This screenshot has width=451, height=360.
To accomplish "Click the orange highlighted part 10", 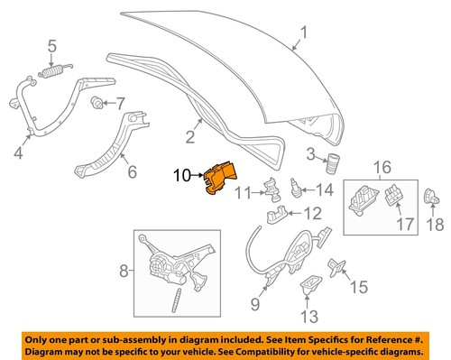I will [x=218, y=180].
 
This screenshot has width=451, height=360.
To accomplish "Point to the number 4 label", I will [x=18, y=152].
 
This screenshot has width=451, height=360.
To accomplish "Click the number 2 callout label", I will [x=191, y=137].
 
